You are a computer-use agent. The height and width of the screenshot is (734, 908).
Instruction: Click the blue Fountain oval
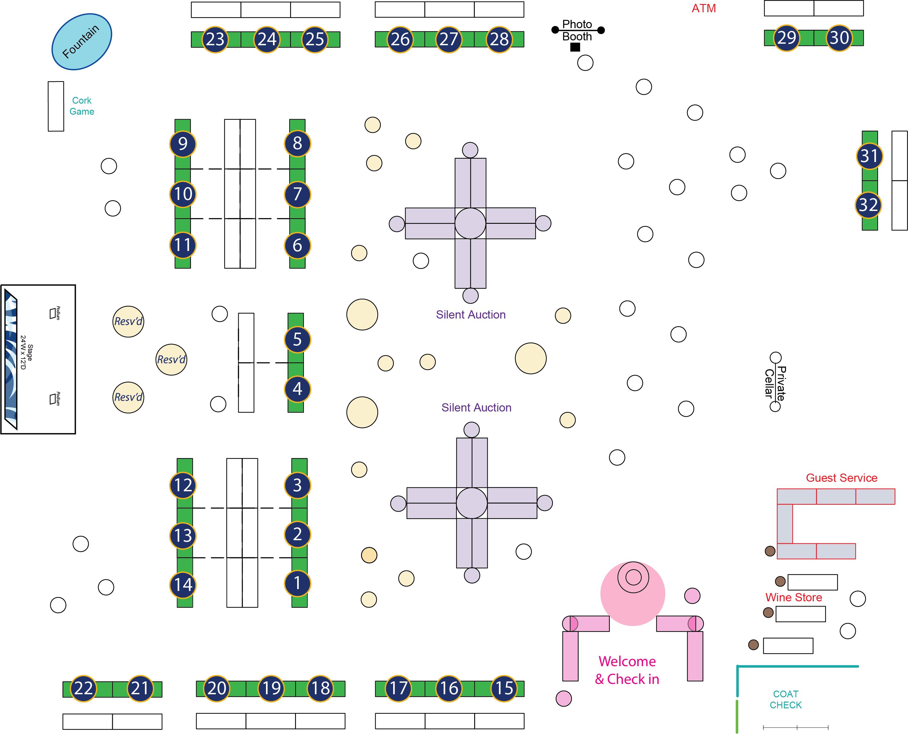pos(82,42)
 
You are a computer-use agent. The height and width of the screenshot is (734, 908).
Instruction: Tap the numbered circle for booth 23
pos(215,39)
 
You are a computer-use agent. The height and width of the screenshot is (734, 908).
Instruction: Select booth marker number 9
pos(183,144)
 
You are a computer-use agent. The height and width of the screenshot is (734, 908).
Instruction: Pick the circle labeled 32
pos(869,205)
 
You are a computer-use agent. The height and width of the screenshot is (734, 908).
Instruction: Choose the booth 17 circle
pos(398,688)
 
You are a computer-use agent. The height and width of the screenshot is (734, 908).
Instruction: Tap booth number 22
pos(83,688)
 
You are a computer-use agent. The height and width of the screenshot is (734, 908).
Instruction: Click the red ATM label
pos(703,9)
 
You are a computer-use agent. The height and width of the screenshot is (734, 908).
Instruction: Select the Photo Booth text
pos(577,31)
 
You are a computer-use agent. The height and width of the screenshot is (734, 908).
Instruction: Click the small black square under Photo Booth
pos(575,47)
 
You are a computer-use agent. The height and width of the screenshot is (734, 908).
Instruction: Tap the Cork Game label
pos(82,106)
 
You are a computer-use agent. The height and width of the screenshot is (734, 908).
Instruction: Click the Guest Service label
pos(841,478)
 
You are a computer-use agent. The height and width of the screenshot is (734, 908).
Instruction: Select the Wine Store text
pos(793,597)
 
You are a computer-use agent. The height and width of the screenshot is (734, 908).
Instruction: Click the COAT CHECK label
pos(785,699)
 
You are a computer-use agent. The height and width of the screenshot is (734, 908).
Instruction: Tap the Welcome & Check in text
pos(627,670)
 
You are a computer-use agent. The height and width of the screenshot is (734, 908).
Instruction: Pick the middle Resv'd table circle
pos(171,360)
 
